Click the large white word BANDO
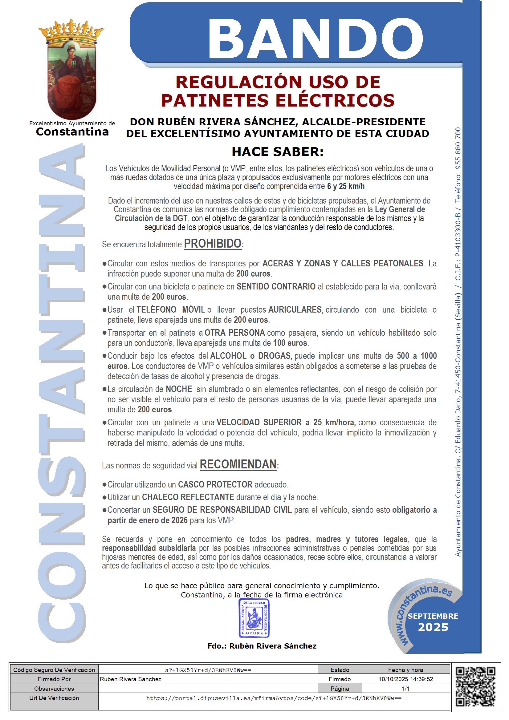coord(316,38)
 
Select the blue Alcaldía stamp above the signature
coord(254,617)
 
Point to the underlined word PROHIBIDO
coord(213,244)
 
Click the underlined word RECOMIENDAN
coord(238,464)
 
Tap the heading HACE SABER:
coord(277,152)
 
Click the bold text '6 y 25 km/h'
coord(345,186)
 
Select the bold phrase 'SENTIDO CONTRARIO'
coord(276,286)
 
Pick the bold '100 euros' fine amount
coord(290,343)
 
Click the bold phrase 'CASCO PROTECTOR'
coord(215,484)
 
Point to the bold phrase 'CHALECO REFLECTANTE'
coord(188,497)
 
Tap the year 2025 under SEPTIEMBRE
coord(433,627)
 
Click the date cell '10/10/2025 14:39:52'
coord(405,679)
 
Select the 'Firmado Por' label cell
coord(54,679)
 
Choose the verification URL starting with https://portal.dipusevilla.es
coord(274,698)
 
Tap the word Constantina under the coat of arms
coord(72,132)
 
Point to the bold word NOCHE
coord(179,389)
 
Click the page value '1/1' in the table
coord(405,689)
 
